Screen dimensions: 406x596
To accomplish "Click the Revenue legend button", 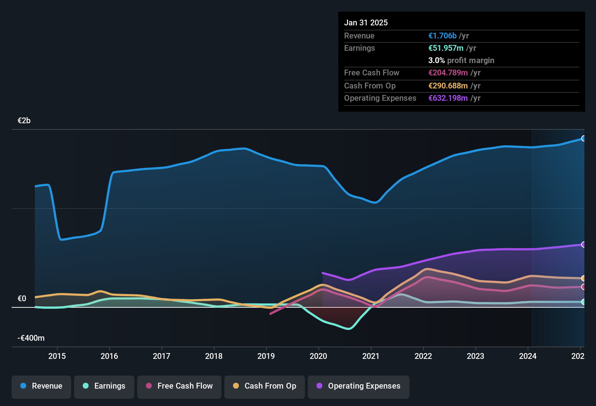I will (41, 386).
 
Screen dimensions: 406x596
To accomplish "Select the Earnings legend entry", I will (104, 386).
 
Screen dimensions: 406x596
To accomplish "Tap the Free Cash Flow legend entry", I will (179, 386).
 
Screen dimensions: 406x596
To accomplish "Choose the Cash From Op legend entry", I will (265, 386).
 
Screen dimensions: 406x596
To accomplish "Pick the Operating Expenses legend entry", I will (359, 386).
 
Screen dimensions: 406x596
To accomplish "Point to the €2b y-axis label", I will (24, 121).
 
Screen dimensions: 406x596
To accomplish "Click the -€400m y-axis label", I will (31, 338).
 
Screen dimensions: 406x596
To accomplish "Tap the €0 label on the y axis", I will (22, 299).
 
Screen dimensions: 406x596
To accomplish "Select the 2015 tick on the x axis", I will (57, 356).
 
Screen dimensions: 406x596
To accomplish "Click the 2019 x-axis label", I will (266, 356).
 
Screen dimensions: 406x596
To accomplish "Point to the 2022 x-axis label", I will (423, 356).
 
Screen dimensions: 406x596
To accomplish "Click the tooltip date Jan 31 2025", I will (366, 23).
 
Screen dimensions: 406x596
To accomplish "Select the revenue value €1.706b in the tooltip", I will (442, 36).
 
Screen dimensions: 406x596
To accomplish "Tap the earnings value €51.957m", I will (446, 48).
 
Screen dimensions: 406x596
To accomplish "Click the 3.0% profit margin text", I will (461, 61).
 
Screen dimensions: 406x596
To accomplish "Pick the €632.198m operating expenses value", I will (448, 98).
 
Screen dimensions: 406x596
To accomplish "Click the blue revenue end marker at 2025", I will (583, 138).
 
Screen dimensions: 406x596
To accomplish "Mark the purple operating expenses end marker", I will (583, 245).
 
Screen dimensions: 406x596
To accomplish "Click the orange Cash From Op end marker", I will (583, 278).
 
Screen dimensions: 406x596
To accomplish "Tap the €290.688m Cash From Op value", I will (448, 86).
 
